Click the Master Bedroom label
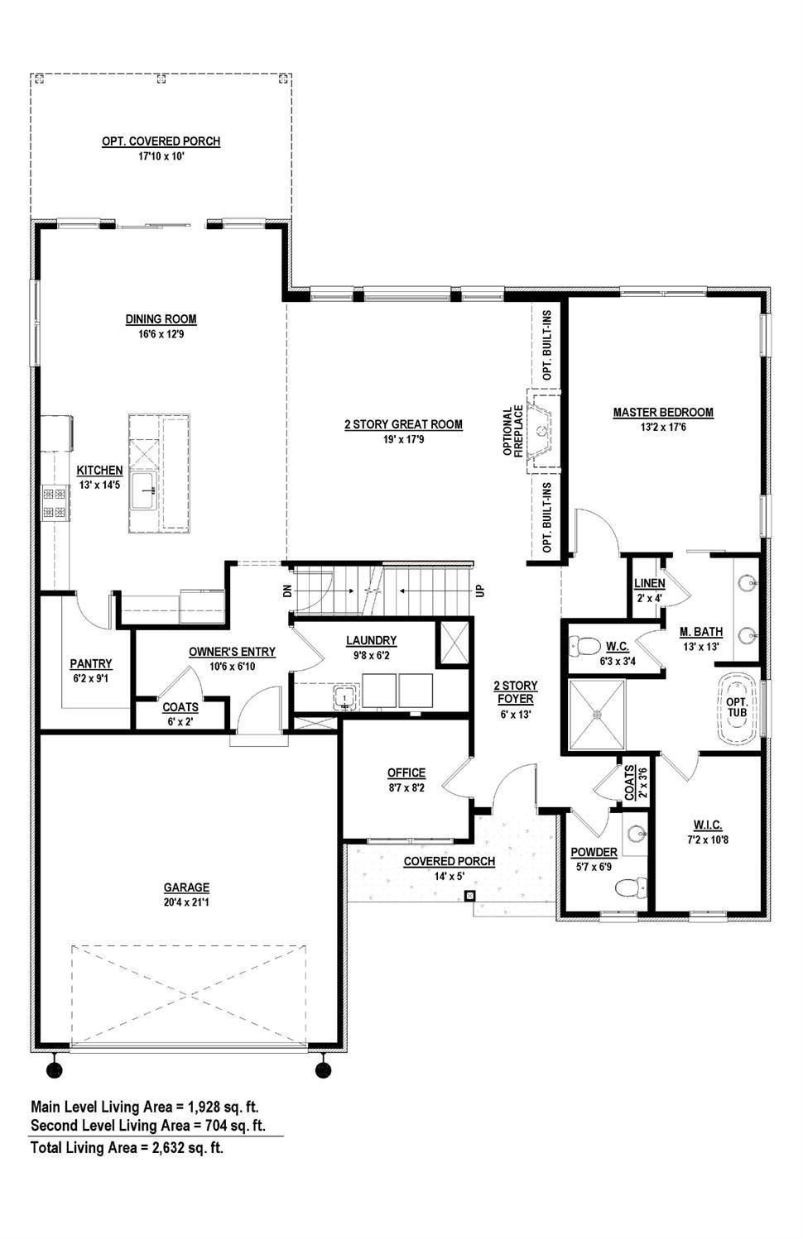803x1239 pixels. [x=663, y=413]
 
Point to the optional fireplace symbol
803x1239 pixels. [x=543, y=430]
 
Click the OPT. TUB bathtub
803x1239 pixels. [x=737, y=709]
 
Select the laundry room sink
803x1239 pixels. [x=345, y=698]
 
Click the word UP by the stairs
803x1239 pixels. [x=479, y=591]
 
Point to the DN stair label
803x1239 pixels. [x=287, y=591]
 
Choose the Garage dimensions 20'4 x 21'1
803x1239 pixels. [x=186, y=902]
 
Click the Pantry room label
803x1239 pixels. [x=91, y=663]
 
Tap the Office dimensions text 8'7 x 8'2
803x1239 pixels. [x=406, y=787]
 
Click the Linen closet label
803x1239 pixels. [x=650, y=584]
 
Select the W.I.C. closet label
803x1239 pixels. [x=708, y=825]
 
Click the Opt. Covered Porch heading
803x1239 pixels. [x=161, y=141]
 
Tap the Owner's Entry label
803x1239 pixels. [x=232, y=652]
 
